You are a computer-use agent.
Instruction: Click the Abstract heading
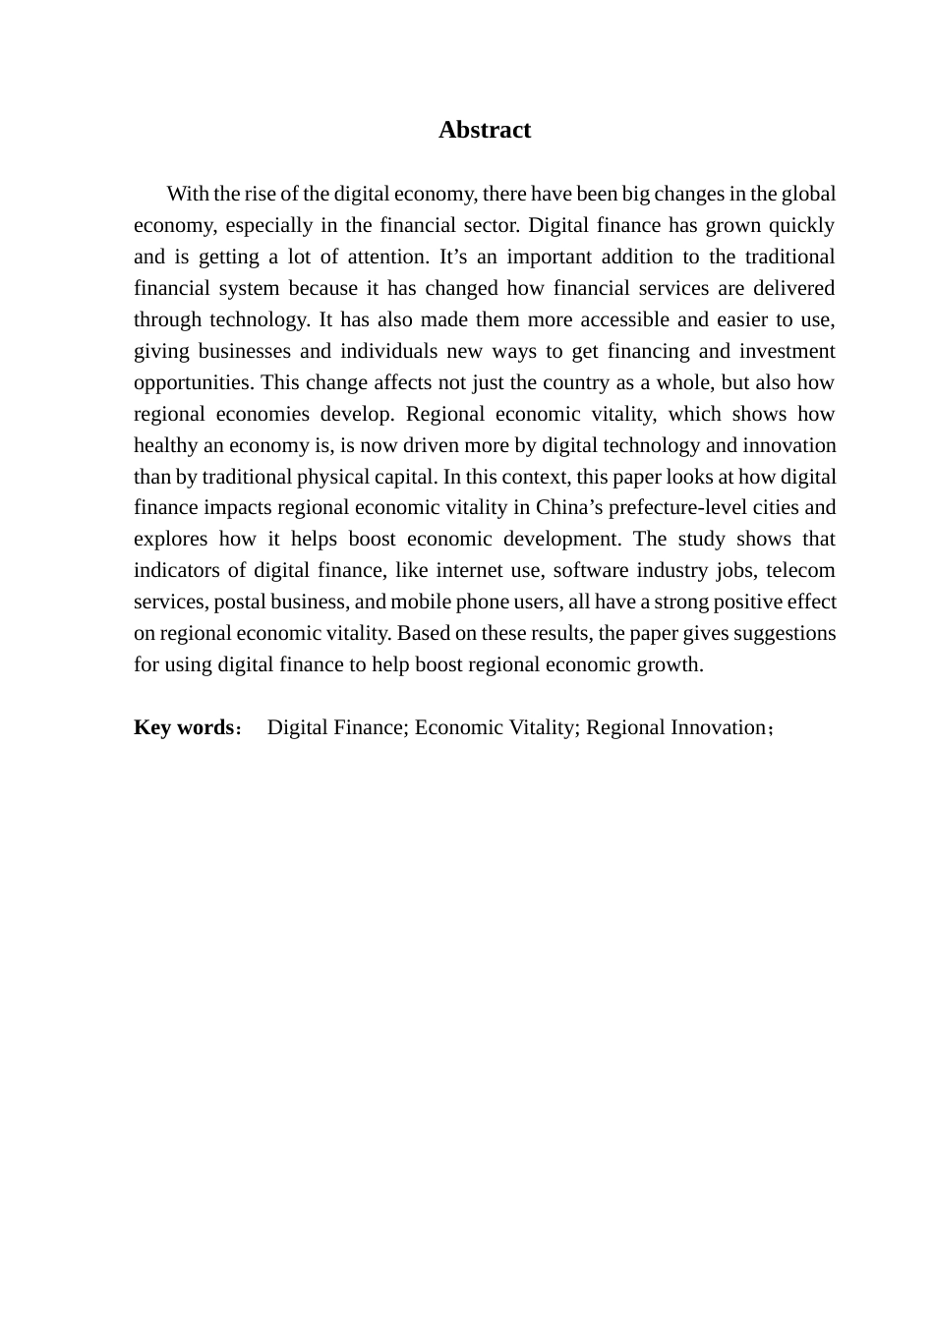pyautogui.click(x=484, y=130)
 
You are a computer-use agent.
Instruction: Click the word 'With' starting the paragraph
pyautogui.click(x=185, y=194)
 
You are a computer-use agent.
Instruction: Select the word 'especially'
pyautogui.click(x=267, y=225)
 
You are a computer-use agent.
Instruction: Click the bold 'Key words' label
pyautogui.click(x=181, y=727)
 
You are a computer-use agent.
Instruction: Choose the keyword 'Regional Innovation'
pyautogui.click(x=675, y=727)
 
